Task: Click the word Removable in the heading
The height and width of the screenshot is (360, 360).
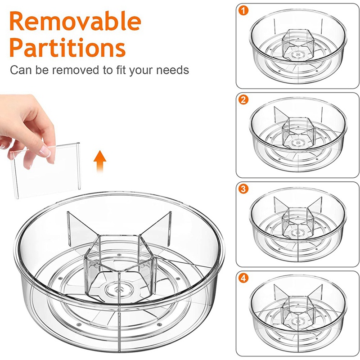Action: [75, 21]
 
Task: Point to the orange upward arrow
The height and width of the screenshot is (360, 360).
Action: [100, 162]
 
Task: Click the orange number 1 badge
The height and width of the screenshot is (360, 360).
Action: [243, 10]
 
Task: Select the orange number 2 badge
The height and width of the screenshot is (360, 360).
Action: [243, 100]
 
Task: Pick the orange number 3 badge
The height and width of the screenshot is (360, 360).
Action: [243, 189]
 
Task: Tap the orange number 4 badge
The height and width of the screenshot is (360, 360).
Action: [243, 278]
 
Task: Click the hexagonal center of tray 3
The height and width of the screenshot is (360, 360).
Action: [298, 222]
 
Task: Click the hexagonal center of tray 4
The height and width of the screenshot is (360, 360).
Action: [298, 311]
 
